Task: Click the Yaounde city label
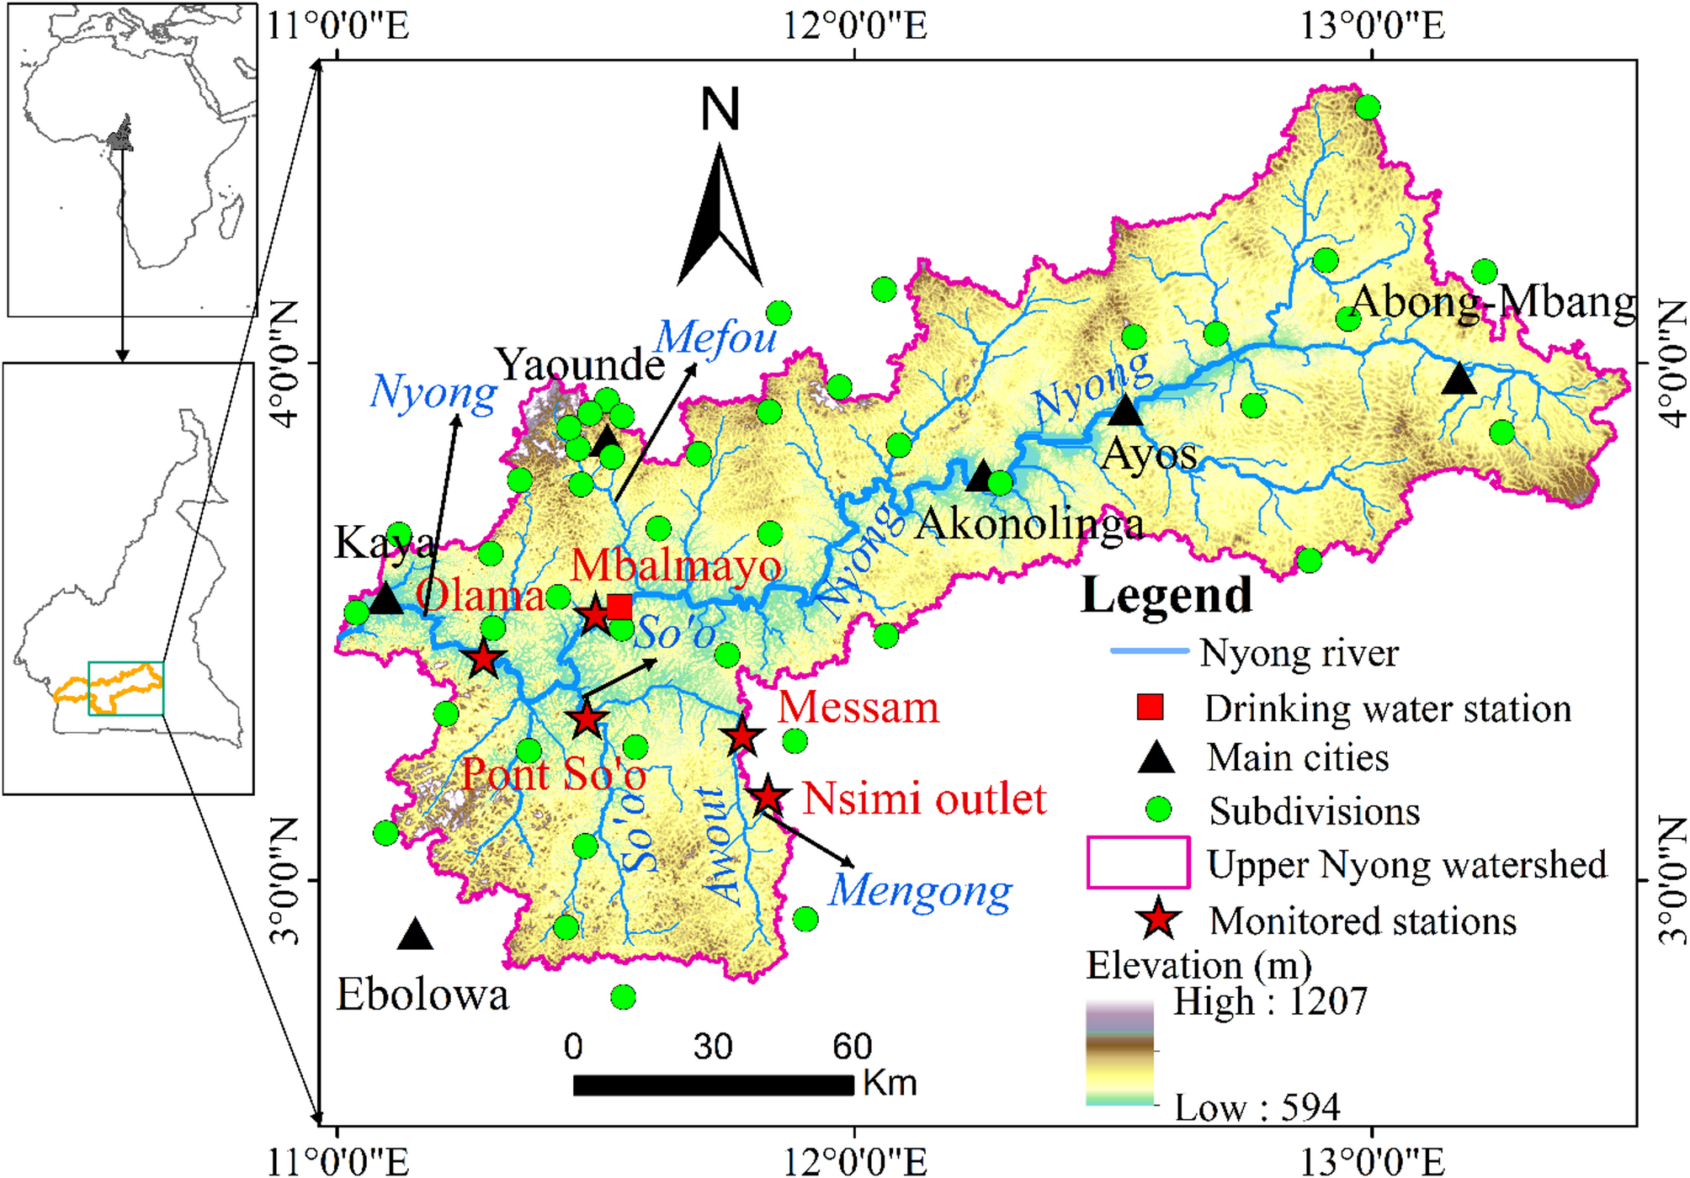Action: (580, 365)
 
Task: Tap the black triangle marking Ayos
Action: (1124, 411)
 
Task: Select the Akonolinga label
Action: (1029, 524)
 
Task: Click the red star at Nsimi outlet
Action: (768, 796)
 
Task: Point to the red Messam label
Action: (858, 708)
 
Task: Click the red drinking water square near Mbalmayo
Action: (619, 607)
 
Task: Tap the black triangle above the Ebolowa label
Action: (415, 935)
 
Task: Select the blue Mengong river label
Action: (920, 892)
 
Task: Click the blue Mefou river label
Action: (715, 338)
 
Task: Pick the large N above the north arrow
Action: (720, 110)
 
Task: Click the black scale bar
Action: (713, 1085)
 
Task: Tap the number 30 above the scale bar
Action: (712, 1047)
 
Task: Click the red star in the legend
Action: (1159, 919)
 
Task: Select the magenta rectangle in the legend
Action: (1138, 862)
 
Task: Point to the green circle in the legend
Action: (1159, 809)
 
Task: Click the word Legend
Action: (1167, 596)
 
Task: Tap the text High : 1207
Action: (1270, 1002)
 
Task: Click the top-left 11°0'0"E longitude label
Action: (338, 25)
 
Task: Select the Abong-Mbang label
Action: (1493, 302)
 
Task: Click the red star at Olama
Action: (483, 659)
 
